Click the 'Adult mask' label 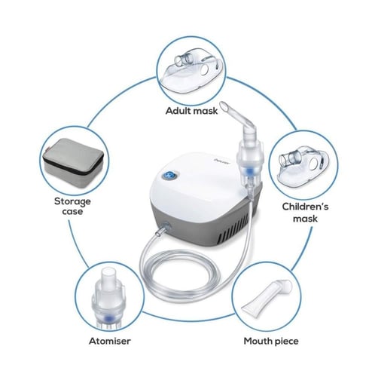point(191,111)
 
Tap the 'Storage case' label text point(72,206)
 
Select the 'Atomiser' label point(110,341)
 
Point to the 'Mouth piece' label point(271,341)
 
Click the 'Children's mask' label point(305,213)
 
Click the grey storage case point(73,163)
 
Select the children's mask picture point(303,168)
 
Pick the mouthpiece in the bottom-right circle point(267,298)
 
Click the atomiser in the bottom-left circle point(108,299)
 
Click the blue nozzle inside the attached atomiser point(249,171)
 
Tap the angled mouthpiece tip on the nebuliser point(225,106)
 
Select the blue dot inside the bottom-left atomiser point(108,319)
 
